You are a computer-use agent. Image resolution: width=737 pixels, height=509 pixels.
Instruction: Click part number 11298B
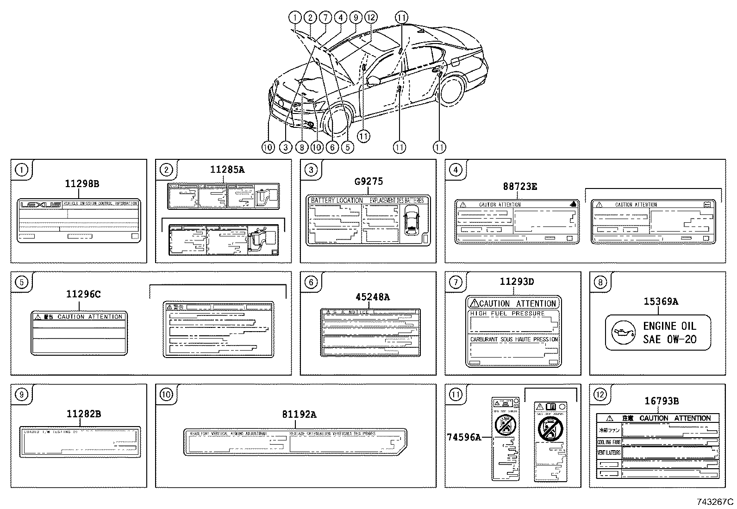81,184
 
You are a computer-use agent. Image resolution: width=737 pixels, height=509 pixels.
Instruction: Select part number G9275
368,182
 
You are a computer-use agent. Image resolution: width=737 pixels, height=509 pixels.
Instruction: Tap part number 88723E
520,187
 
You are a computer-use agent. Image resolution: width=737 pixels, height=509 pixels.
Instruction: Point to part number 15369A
661,302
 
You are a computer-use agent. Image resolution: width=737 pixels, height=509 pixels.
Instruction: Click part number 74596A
464,436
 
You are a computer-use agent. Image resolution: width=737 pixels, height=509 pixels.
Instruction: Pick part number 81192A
299,415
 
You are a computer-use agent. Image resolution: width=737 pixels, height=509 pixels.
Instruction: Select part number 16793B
661,401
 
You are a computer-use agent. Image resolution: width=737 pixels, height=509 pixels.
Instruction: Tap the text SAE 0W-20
669,339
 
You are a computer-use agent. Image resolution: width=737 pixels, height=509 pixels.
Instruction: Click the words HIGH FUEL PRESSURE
507,314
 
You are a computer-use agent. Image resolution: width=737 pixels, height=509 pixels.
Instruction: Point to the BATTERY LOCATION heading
337,201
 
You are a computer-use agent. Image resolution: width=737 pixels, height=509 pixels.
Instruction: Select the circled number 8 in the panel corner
600,282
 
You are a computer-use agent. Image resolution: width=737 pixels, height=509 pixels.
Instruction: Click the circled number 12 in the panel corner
600,395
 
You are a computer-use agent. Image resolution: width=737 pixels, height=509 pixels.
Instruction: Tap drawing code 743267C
715,502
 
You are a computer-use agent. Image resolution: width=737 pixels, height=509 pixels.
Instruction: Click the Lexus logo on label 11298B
40,204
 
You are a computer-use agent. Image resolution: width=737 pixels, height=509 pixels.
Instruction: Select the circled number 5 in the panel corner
21,282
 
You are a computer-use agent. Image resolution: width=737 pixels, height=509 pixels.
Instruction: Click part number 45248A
372,297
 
